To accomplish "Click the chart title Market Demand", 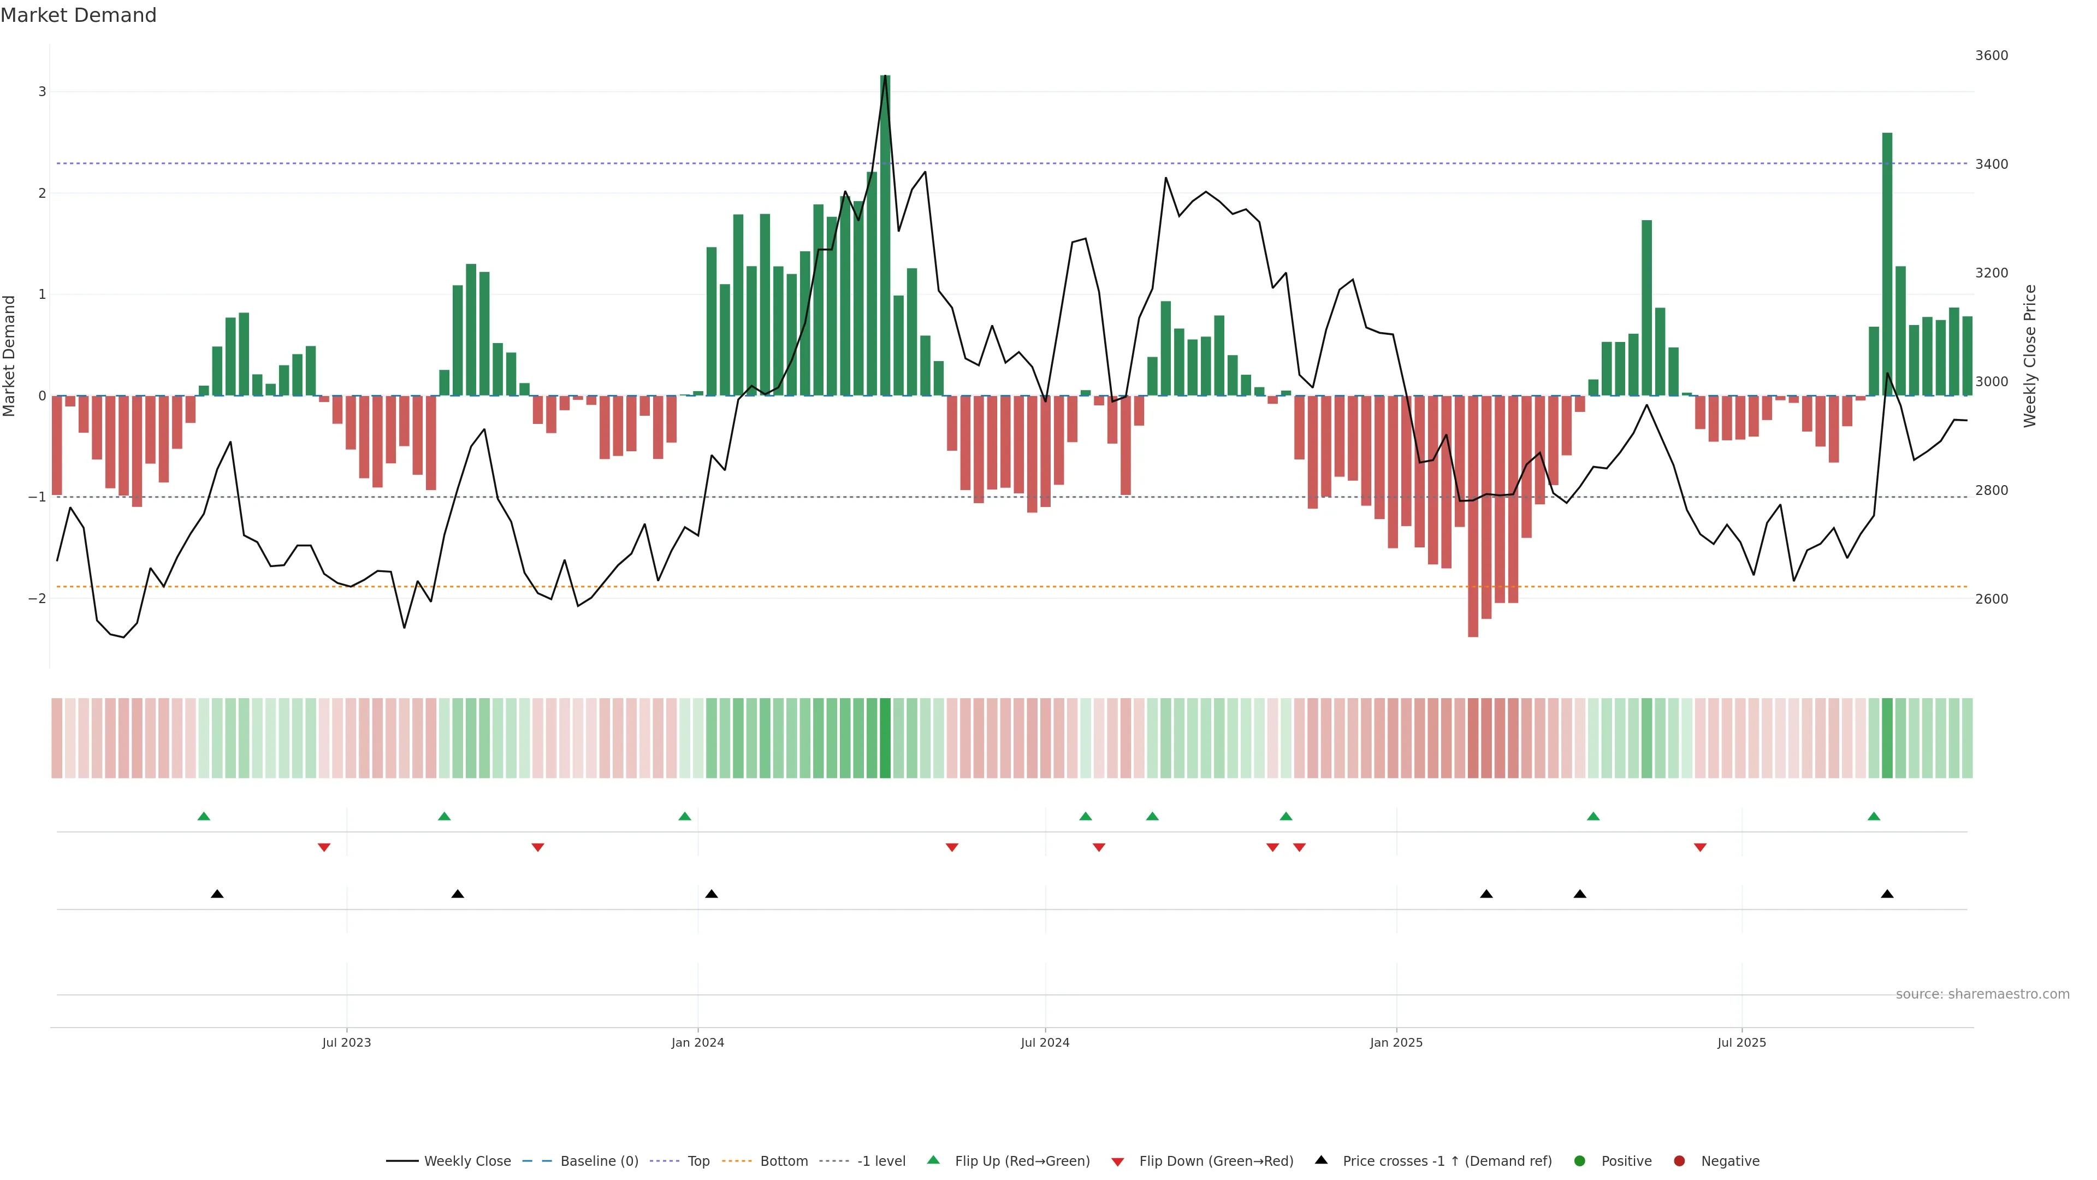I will tap(78, 15).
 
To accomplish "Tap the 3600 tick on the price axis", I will tap(1991, 55).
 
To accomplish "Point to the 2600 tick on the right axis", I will tap(1991, 599).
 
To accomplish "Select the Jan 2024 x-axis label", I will tap(698, 1042).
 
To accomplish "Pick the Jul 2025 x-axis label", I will tap(1741, 1042).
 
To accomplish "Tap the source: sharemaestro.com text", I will tap(1982, 994).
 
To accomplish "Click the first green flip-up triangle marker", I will tap(204, 816).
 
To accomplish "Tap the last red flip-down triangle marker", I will tap(1700, 848).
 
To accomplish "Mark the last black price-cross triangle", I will tap(1887, 894).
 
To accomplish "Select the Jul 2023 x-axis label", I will tap(346, 1042).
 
